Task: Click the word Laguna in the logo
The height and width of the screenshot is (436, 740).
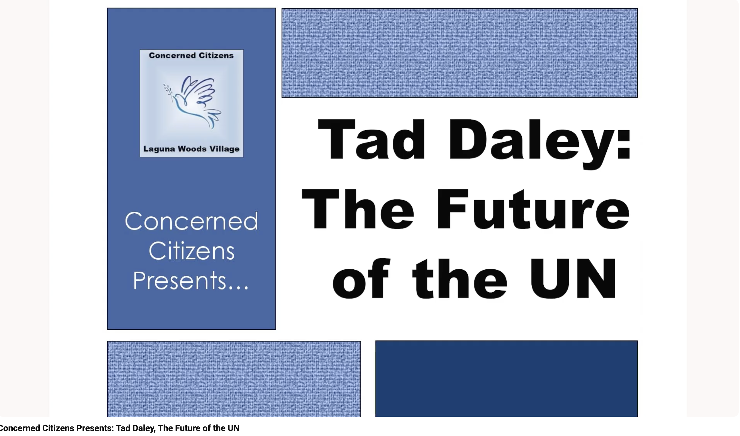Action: point(159,149)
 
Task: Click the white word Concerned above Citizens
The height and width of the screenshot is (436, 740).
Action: point(192,221)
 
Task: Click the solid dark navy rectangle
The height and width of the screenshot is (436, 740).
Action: point(507,379)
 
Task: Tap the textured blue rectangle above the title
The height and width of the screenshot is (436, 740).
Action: point(460,53)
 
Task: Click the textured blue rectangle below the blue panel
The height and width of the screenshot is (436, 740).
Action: point(234,379)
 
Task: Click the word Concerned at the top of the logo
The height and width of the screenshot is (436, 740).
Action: point(172,56)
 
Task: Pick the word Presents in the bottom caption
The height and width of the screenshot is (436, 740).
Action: point(94,428)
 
